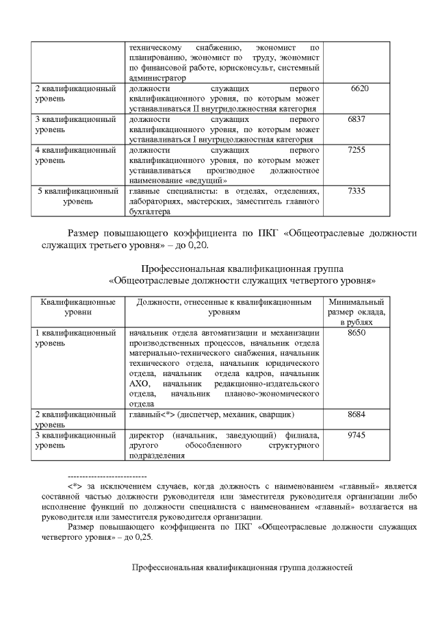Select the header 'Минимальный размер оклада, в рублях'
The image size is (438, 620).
[357, 312]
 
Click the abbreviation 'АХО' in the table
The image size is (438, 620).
[139, 384]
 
